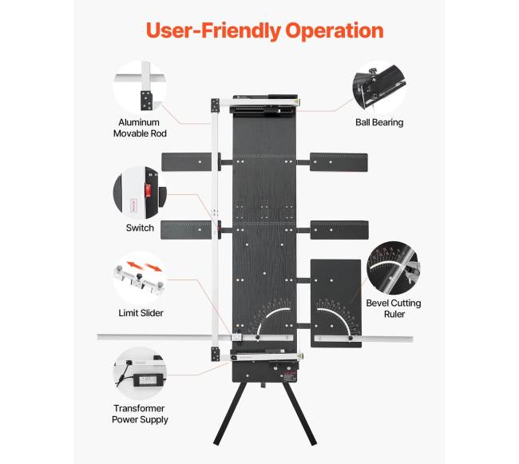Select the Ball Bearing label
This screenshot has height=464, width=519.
[379, 123]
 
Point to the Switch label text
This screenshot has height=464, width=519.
[140, 228]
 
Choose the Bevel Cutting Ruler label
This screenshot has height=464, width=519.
[394, 308]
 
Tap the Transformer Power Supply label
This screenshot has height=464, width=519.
[141, 414]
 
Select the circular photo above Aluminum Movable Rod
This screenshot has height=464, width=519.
[144, 86]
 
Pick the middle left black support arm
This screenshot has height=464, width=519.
[188, 230]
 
